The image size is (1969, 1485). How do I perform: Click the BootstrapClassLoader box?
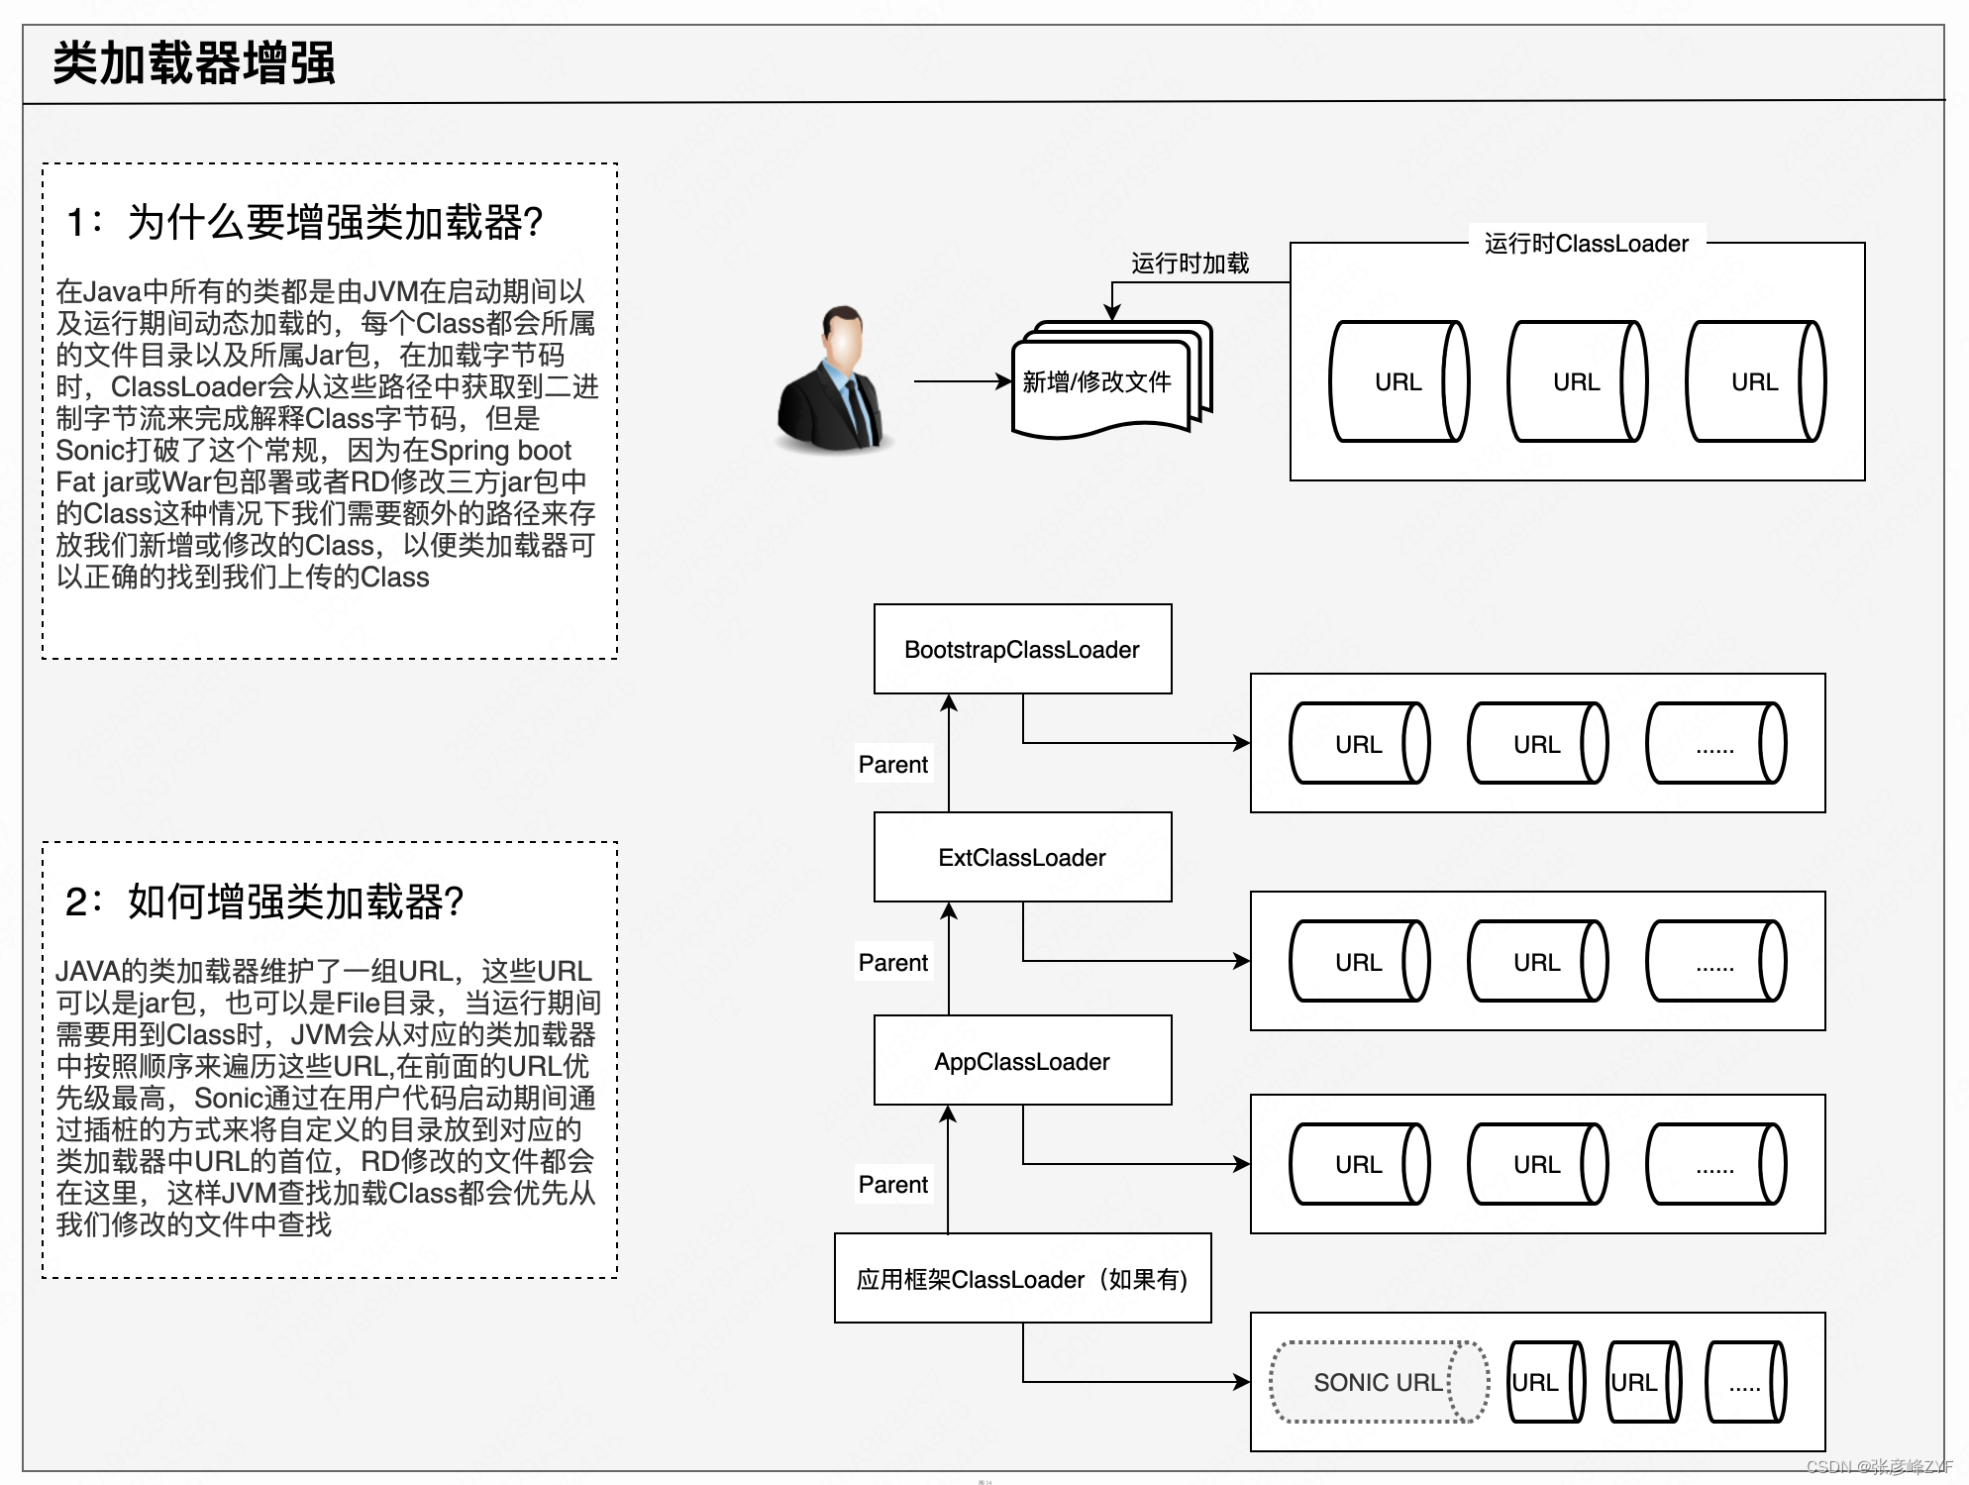pos(1022,649)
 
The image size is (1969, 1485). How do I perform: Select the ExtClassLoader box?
pos(1022,857)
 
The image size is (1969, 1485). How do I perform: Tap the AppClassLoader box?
pos(1022,1060)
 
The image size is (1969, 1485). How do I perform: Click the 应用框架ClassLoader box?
pos(1022,1278)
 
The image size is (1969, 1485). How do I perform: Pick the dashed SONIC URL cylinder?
pos(1379,1382)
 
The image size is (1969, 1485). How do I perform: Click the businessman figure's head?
pos(843,337)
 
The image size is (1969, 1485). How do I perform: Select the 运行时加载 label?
pos(1190,264)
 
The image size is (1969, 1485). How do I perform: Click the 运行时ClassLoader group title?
pos(1586,244)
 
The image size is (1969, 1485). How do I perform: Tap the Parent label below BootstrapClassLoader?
pos(892,764)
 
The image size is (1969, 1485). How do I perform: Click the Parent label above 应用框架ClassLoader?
pos(892,1184)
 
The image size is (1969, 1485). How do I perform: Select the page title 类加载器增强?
pos(194,63)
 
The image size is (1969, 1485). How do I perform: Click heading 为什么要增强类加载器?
pos(335,222)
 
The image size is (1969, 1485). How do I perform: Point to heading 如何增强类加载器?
pos(295,902)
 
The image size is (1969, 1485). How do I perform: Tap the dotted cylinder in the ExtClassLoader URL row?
pos(1716,961)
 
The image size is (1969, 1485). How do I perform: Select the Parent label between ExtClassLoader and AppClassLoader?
pos(892,962)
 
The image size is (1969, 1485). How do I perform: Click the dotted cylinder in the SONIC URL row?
pos(1746,1382)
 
